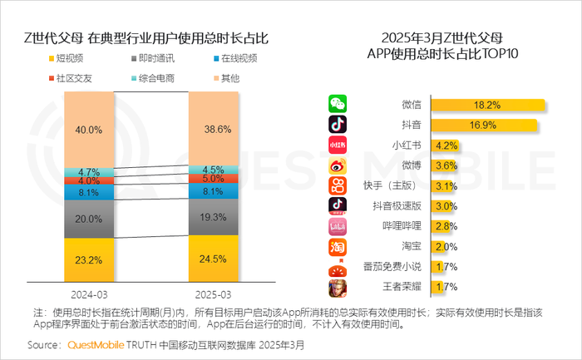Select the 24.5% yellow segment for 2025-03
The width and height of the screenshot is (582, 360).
[213, 258]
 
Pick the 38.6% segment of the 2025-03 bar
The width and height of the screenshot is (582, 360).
[213, 130]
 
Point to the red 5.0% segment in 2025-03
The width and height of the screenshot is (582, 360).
[213, 178]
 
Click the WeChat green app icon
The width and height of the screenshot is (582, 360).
[338, 105]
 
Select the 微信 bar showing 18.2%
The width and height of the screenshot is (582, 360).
[486, 106]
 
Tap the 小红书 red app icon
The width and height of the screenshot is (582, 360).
[338, 145]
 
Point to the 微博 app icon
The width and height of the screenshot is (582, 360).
[338, 165]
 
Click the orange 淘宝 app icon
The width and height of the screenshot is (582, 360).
[338, 246]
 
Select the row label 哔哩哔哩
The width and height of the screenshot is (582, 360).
[403, 226]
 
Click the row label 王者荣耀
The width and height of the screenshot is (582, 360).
[403, 288]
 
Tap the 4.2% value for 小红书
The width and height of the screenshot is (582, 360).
[446, 145]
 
